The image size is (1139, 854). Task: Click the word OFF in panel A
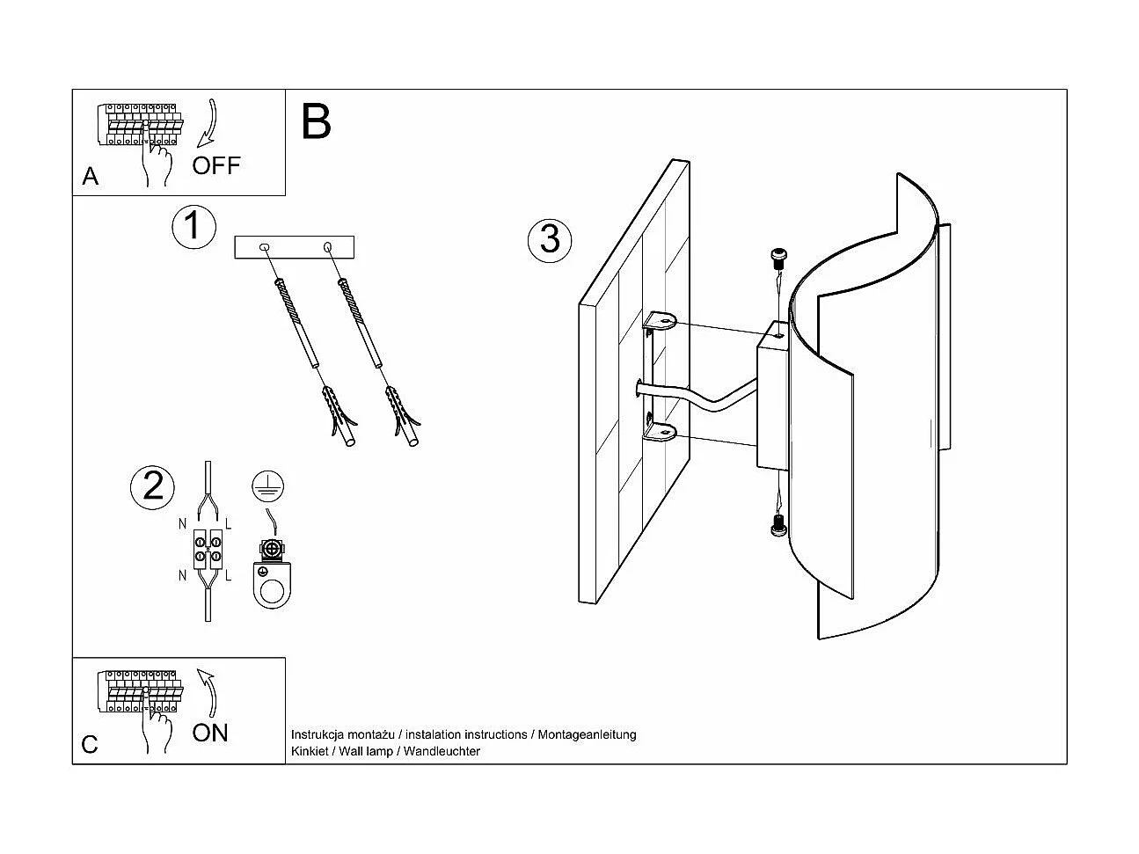click(215, 164)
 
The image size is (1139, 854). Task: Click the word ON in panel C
click(210, 732)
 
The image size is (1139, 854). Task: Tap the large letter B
click(316, 122)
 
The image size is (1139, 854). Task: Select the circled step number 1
click(193, 226)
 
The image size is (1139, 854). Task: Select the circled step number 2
click(152, 486)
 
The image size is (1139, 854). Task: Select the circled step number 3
click(550, 239)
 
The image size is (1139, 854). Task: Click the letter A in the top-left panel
click(91, 177)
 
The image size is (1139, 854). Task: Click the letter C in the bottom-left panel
click(90, 745)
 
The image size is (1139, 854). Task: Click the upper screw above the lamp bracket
click(778, 258)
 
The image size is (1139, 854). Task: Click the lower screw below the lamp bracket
click(778, 526)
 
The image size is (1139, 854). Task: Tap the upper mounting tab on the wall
click(660, 322)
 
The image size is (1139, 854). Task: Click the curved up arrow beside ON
click(208, 692)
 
